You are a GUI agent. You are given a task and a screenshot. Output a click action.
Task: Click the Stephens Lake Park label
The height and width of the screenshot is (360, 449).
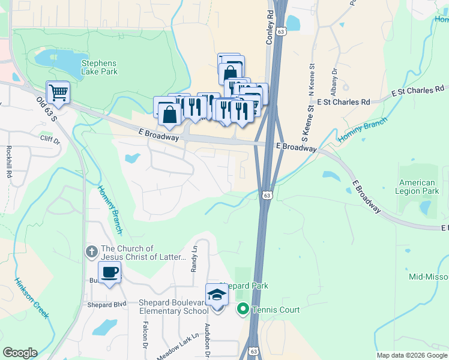(99, 67)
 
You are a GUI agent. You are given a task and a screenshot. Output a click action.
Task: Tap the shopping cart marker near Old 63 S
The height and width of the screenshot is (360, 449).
(59, 93)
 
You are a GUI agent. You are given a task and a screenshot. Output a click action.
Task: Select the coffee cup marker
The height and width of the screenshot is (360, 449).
(109, 272)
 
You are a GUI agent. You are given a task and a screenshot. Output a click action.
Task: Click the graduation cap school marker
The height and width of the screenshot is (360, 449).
(217, 295)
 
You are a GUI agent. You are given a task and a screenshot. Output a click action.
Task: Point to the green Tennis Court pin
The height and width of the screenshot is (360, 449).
(243, 310)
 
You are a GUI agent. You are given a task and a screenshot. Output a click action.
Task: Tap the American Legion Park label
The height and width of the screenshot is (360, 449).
(418, 187)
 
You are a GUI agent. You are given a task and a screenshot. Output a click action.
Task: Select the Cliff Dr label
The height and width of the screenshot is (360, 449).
(50, 140)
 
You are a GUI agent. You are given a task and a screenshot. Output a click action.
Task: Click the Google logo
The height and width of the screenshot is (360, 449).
(20, 353)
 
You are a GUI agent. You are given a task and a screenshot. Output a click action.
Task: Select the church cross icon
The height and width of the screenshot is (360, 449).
(91, 251)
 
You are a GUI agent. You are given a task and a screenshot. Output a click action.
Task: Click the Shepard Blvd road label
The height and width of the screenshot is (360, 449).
(107, 304)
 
